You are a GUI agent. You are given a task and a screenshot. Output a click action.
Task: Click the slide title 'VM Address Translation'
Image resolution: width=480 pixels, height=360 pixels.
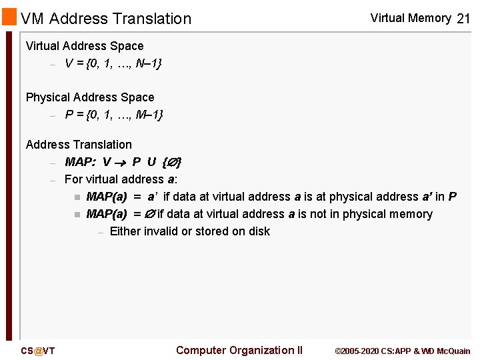(106, 19)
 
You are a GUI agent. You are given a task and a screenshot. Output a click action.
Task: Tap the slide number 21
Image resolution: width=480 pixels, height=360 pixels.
(463, 19)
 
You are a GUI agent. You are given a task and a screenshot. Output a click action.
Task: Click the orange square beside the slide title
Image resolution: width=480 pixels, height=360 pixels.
(9, 16)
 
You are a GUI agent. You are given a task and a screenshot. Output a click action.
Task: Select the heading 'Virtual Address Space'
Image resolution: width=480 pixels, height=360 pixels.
(85, 46)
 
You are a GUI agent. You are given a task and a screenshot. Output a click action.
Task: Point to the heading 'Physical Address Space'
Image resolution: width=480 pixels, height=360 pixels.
(90, 97)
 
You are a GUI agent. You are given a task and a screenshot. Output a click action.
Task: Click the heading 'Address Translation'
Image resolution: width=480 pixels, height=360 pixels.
(79, 145)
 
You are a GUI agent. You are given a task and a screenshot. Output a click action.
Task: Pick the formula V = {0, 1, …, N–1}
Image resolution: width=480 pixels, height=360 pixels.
(113, 63)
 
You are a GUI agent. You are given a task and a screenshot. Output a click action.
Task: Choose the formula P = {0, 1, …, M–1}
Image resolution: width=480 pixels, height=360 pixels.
(114, 115)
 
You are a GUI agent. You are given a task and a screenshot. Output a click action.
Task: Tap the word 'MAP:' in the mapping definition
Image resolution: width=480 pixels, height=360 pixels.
(80, 162)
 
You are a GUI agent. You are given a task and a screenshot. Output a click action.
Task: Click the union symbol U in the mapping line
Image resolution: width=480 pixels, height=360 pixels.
(151, 162)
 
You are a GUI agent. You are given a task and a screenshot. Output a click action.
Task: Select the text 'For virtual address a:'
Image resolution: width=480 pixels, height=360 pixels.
(121, 179)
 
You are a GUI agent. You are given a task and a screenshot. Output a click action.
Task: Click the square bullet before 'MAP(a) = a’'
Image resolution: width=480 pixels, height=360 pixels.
(77, 197)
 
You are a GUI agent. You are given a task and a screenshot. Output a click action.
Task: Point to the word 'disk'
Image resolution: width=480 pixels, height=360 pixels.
(259, 231)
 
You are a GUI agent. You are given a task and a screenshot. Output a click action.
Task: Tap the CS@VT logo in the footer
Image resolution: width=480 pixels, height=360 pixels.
(38, 351)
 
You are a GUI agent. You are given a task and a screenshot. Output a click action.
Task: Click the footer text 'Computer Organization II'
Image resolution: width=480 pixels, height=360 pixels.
(239, 350)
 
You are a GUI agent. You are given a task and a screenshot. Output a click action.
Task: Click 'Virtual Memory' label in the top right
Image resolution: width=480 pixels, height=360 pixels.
(411, 18)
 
